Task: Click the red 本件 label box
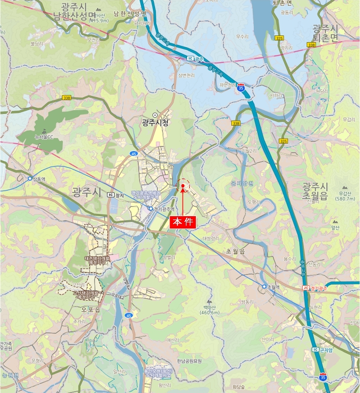click(x=183, y=222)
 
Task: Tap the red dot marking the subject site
click(x=183, y=186)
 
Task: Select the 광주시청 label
click(x=155, y=122)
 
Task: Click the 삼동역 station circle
click(x=30, y=179)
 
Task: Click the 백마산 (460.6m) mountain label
click(x=209, y=308)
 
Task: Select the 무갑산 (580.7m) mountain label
click(x=344, y=195)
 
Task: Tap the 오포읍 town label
click(x=90, y=309)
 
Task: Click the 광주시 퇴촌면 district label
click(x=326, y=33)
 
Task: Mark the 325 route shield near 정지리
click(x=284, y=141)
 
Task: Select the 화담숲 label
click(x=239, y=387)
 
